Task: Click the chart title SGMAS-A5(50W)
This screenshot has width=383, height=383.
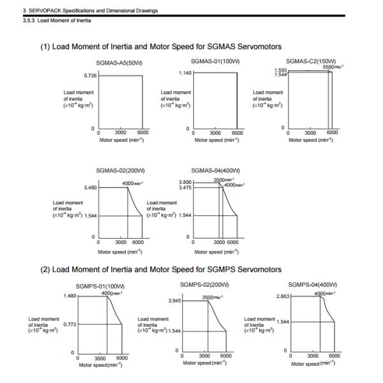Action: point(119,63)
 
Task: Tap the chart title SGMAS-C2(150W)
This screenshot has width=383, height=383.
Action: point(310,61)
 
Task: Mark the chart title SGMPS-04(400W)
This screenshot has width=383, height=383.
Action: point(313,284)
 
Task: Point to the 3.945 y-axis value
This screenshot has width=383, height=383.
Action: point(173,300)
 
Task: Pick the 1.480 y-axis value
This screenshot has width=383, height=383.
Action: point(70,296)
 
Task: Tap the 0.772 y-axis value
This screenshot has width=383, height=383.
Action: point(70,324)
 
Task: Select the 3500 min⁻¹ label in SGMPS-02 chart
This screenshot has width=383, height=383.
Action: point(211,297)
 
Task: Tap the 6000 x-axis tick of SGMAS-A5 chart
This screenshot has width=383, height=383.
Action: point(143,133)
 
